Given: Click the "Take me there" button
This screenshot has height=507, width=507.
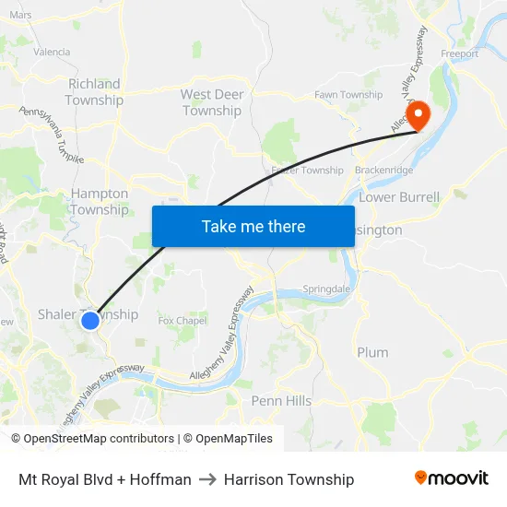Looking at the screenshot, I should [253, 226].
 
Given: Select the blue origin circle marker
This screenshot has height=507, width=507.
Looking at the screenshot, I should [90, 321].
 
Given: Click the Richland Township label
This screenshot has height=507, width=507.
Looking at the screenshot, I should [94, 92].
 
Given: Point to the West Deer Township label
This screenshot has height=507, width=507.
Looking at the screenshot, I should [212, 102].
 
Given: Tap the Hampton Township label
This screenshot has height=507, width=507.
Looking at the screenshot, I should [100, 202].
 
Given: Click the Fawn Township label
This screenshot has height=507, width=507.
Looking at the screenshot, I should [348, 95].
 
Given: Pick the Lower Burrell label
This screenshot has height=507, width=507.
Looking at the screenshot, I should [399, 197].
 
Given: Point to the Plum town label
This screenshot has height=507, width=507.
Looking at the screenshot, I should [372, 352].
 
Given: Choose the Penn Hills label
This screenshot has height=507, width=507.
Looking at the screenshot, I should [281, 401].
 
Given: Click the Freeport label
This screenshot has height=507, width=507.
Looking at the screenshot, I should [460, 54].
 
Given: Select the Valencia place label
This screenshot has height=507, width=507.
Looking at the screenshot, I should [52, 53].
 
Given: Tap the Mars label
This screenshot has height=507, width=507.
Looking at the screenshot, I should [20, 15].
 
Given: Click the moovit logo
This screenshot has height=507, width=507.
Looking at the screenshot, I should [452, 478].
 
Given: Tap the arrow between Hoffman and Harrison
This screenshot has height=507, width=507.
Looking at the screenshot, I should [207, 479].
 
